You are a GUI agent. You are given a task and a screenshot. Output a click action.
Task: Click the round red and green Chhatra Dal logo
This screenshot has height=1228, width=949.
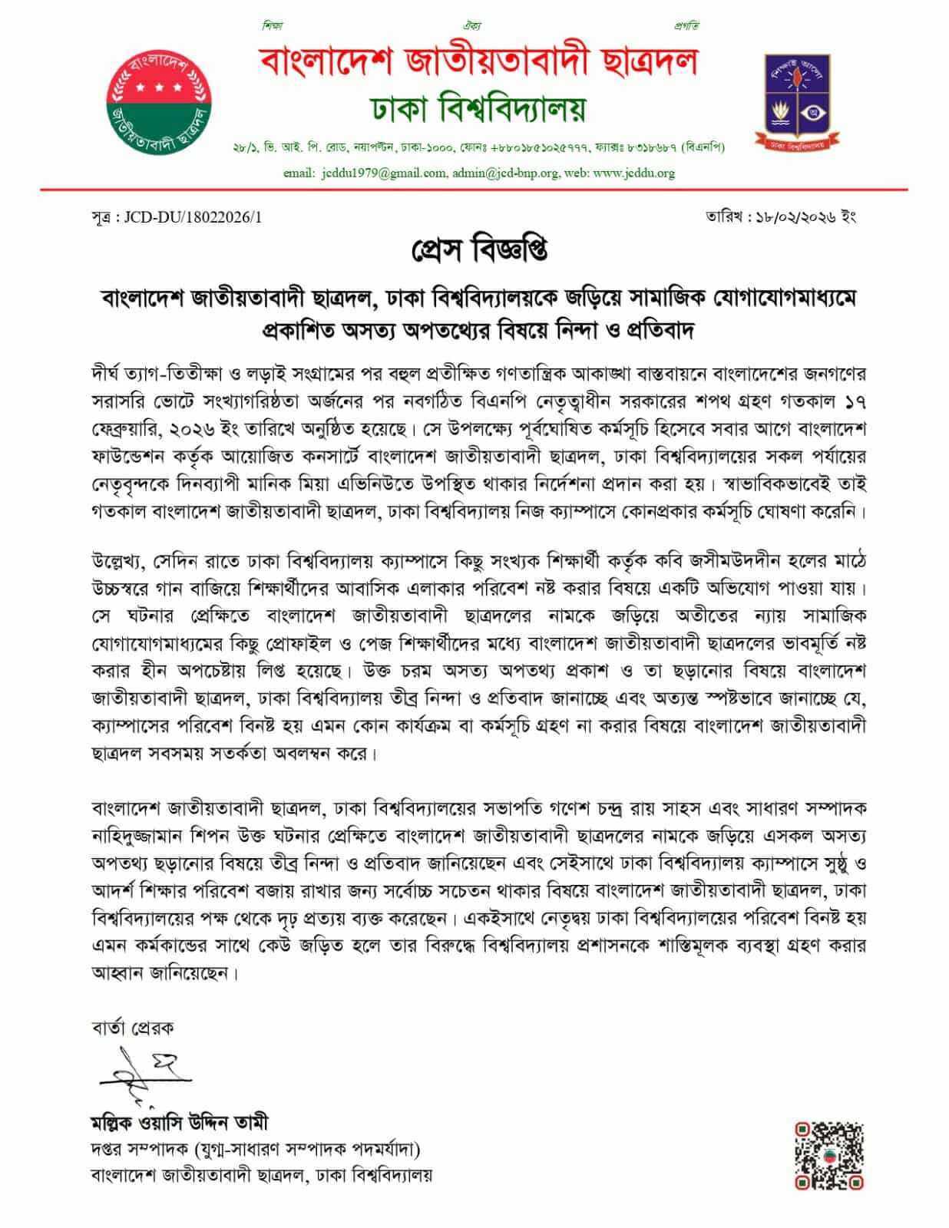click(x=158, y=102)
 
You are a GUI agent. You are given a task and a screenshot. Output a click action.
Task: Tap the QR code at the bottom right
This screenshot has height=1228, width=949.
click(x=829, y=1155)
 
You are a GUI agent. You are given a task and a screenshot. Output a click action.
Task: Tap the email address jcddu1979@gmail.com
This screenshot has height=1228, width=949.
click(x=382, y=173)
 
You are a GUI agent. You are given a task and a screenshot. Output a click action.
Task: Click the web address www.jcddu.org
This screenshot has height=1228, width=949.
click(x=633, y=173)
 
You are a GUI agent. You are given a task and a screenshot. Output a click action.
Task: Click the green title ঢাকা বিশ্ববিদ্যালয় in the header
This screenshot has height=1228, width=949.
click(x=479, y=110)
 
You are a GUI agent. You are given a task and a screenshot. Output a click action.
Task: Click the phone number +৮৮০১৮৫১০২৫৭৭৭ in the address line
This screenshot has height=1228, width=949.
click(x=549, y=147)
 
